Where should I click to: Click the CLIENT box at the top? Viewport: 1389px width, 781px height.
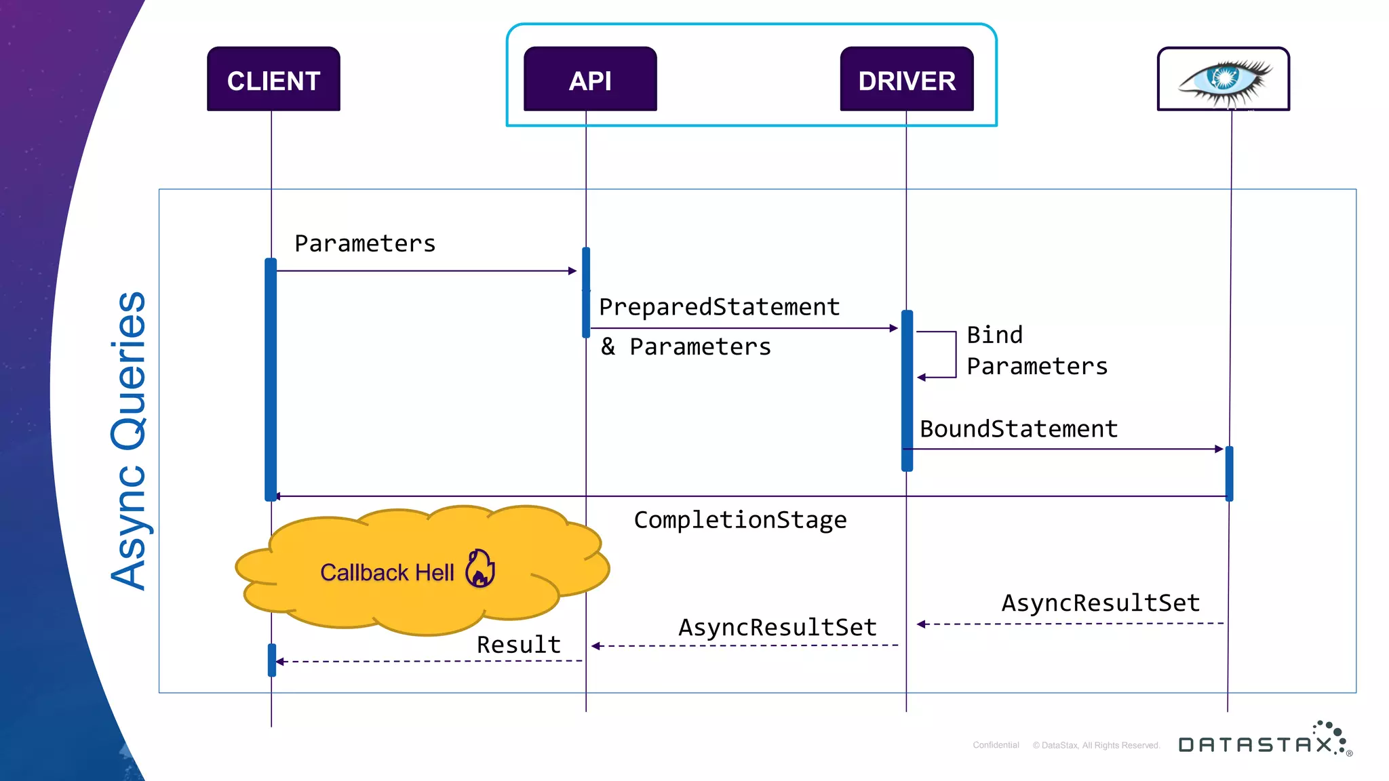(x=273, y=79)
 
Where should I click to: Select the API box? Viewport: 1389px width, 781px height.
(x=590, y=79)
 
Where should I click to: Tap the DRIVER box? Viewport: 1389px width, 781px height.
(x=907, y=79)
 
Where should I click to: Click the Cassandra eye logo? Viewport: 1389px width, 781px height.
(x=1224, y=79)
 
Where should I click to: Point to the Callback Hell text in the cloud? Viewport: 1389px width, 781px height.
(x=387, y=573)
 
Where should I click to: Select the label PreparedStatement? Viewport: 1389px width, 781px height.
(x=719, y=307)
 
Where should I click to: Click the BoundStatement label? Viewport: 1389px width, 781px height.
(x=1018, y=429)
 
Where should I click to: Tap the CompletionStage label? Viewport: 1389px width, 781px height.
(x=740, y=520)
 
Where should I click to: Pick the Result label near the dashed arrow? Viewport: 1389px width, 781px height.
(x=519, y=645)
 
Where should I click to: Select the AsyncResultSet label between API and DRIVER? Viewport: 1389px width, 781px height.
(x=777, y=628)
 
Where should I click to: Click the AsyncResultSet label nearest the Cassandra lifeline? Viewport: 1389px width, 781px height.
(x=1101, y=603)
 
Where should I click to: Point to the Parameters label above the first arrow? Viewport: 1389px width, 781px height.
(x=365, y=244)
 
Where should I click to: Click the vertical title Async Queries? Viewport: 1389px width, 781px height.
(x=129, y=441)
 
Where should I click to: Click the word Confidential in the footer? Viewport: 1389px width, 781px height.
(x=996, y=745)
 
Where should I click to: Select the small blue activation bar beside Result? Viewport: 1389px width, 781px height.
(x=272, y=660)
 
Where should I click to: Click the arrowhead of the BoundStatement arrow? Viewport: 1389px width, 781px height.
(x=1219, y=449)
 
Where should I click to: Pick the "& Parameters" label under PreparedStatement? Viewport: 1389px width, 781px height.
(x=686, y=347)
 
